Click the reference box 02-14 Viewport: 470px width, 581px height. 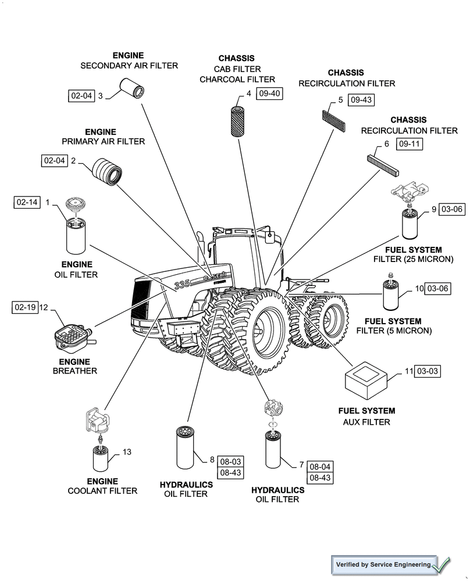tap(27, 202)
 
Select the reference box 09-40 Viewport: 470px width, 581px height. tap(269, 94)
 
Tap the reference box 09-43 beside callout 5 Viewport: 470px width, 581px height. tap(361, 100)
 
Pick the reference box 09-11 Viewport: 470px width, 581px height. tap(410, 144)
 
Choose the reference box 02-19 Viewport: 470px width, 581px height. tap(25, 307)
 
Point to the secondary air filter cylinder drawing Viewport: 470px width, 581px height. tap(132, 88)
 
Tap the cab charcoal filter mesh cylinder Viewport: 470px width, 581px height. tap(237, 121)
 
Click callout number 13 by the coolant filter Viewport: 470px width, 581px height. tap(127, 451)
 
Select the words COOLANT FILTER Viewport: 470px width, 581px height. tap(104, 491)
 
